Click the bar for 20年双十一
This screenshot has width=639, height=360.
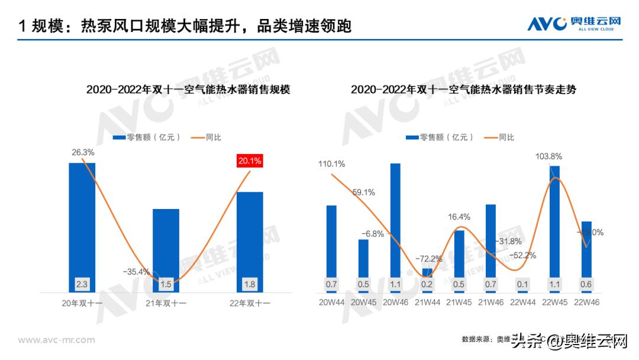pos(82,225)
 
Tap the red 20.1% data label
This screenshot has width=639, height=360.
pos(250,160)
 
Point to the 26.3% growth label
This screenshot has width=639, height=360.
pos(83,152)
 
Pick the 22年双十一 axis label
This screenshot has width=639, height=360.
pos(250,303)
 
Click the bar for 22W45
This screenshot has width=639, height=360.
pos(554,222)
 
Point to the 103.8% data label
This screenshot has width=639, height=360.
pos(548,156)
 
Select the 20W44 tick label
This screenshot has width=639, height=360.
pos(331,303)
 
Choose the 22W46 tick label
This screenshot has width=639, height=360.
pos(586,303)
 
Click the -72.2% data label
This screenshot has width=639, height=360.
pos(429,259)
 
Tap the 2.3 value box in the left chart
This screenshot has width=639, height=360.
pos(82,284)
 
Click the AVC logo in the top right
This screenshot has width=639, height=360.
pos(575,23)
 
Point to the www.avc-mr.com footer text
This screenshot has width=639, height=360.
pos(56,340)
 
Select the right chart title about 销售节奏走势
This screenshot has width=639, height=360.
pos(463,90)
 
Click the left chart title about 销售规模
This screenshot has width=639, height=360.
pos(188,90)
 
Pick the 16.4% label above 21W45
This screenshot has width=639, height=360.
pos(459,217)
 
